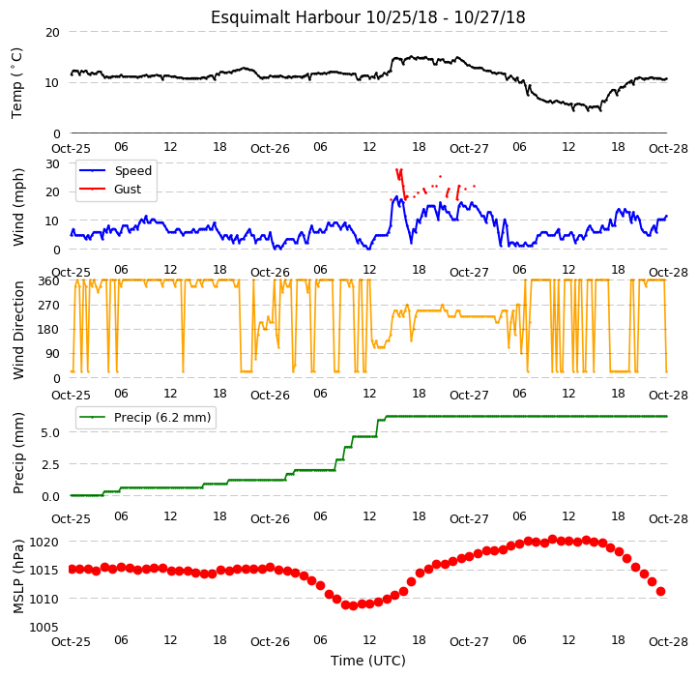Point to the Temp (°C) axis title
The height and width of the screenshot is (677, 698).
pyautogui.click(x=16, y=83)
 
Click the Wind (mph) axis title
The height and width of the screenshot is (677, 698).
pyautogui.click(x=17, y=207)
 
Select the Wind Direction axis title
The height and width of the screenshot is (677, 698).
pyautogui.click(x=17, y=330)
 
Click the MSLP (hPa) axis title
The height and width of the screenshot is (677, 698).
pyautogui.click(x=17, y=576)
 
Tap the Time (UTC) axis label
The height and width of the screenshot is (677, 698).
pyautogui.click(x=367, y=660)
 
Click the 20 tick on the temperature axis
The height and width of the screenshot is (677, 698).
pyautogui.click(x=52, y=32)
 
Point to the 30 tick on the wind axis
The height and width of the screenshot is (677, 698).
pyautogui.click(x=52, y=163)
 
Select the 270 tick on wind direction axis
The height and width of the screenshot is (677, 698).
pyautogui.click(x=49, y=305)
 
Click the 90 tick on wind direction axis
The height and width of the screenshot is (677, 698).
pyautogui.click(x=52, y=354)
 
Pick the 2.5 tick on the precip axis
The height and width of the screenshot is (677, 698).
pyautogui.click(x=50, y=464)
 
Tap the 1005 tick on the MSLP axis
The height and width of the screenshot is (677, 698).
pyautogui.click(x=44, y=627)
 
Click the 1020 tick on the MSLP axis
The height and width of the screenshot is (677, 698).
pyautogui.click(x=44, y=542)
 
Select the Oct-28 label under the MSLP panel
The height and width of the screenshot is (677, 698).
pyautogui.click(x=668, y=641)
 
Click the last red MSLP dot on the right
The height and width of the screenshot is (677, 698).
pyautogui.click(x=660, y=592)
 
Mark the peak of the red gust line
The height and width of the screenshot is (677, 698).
pyautogui.click(x=396, y=169)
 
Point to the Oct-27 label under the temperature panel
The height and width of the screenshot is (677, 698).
pyautogui.click(x=469, y=148)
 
